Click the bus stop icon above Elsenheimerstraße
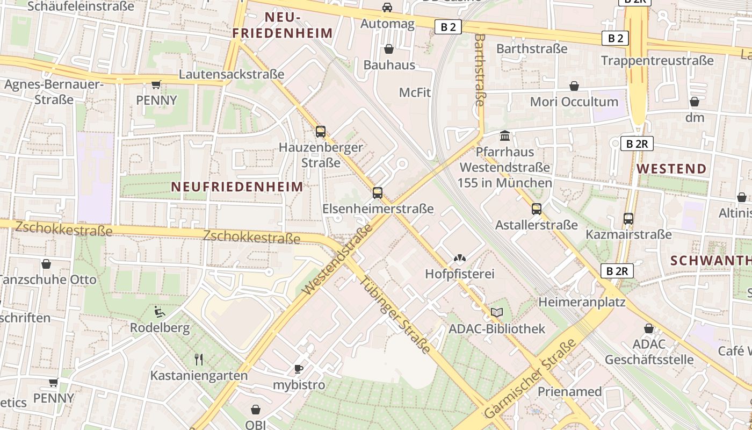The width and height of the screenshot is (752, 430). click(x=378, y=192)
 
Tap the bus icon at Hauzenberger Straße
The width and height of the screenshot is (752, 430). click(x=321, y=131)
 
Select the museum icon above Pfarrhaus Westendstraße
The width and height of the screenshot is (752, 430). click(x=505, y=135)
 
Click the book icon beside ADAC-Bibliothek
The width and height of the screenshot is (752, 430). click(x=497, y=312)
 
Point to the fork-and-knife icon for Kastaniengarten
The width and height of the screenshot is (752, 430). click(x=199, y=359)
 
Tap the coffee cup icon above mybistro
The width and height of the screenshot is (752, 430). click(x=299, y=369)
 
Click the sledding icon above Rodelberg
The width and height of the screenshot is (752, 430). click(x=160, y=311)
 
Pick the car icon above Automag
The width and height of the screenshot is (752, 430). click(x=387, y=8)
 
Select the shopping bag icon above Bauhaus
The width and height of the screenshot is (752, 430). click(x=389, y=49)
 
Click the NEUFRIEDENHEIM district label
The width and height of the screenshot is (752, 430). click(x=237, y=187)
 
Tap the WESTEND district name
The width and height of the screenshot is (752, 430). click(x=671, y=169)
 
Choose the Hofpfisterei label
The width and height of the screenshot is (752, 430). click(x=459, y=274)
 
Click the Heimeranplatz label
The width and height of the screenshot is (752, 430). click(x=582, y=302)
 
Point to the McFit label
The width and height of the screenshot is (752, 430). click(x=415, y=92)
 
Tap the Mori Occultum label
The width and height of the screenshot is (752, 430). click(x=574, y=102)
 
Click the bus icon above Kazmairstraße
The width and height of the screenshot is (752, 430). click(x=628, y=219)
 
